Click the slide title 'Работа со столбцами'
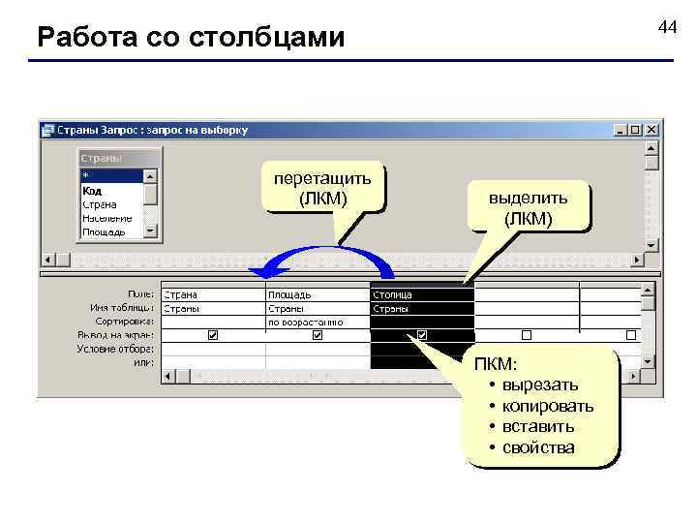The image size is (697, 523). click(191, 38)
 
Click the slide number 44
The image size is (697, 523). click(667, 27)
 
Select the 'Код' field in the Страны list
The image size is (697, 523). click(93, 191)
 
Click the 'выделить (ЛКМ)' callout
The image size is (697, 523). click(528, 207)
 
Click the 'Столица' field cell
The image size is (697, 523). click(421, 293)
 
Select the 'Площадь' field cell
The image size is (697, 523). click(317, 293)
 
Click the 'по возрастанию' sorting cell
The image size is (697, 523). click(317, 321)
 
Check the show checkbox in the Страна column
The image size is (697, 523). click(213, 335)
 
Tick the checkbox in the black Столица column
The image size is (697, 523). click(422, 335)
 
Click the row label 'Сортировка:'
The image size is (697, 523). click(125, 321)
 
